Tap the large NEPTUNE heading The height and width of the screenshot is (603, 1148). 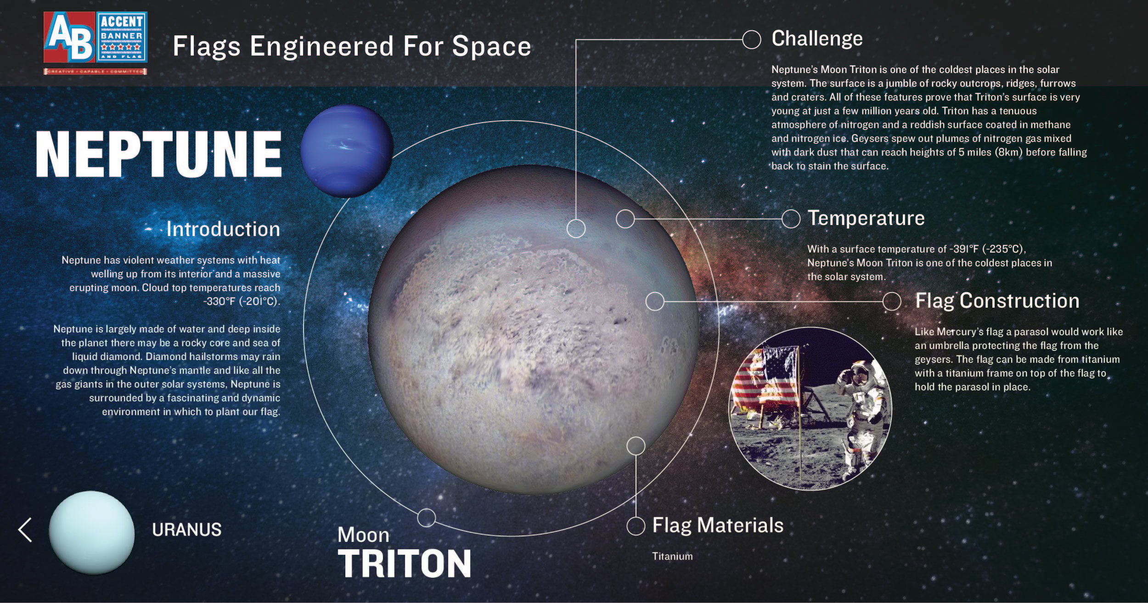pyautogui.click(x=158, y=154)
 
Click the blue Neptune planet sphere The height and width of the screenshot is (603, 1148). pyautogui.click(x=347, y=151)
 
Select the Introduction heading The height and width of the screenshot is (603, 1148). pyautogui.click(x=223, y=229)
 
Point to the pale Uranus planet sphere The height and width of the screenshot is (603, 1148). pyautogui.click(x=92, y=532)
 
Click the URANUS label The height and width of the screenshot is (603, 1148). pyautogui.click(x=186, y=530)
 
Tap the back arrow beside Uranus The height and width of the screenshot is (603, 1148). pyautogui.click(x=25, y=530)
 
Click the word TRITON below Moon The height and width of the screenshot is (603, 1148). pyautogui.click(x=405, y=564)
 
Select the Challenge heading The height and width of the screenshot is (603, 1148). pyautogui.click(x=817, y=39)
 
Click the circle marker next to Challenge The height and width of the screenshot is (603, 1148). pyautogui.click(x=751, y=39)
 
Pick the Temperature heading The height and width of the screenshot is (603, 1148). pyautogui.click(x=866, y=218)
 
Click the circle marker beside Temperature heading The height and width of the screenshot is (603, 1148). pyautogui.click(x=791, y=219)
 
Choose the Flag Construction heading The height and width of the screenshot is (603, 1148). pyautogui.click(x=997, y=301)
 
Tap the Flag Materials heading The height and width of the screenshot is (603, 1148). pyautogui.click(x=718, y=525)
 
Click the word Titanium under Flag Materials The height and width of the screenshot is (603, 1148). pyautogui.click(x=672, y=556)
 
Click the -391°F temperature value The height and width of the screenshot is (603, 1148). pyautogui.click(x=964, y=249)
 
